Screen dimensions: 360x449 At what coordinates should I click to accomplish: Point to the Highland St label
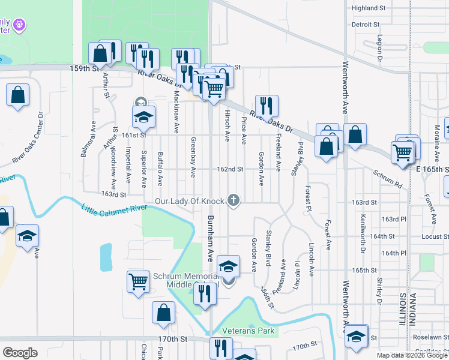click(369, 8)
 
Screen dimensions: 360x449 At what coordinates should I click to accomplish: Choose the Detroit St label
click(366, 25)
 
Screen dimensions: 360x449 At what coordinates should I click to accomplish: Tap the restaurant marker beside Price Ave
click(266, 106)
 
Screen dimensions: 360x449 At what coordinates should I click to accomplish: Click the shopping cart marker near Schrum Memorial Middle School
click(138, 281)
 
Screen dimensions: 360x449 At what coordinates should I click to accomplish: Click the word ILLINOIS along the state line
click(402, 313)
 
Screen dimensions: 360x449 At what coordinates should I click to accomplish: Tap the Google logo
click(20, 352)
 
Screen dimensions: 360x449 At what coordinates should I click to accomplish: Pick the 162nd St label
click(231, 169)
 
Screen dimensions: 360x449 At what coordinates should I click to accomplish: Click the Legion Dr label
click(380, 49)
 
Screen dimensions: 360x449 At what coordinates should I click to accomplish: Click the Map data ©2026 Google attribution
click(412, 355)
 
